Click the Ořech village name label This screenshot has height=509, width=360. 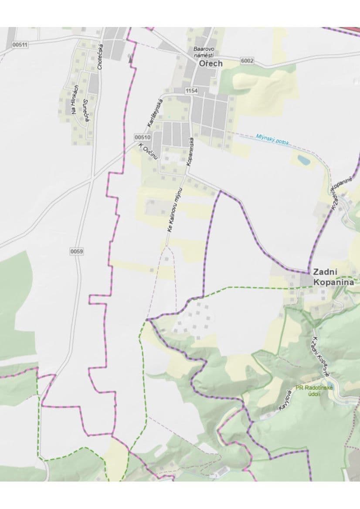(x=211, y=64)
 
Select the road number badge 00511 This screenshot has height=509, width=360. (x=20, y=45)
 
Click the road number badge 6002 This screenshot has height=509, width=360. (x=247, y=61)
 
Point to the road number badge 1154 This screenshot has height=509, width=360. (x=191, y=91)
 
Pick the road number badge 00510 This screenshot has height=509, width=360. (x=143, y=137)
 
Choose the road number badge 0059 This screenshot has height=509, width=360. (x=76, y=251)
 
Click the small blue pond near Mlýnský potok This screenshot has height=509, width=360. (x=304, y=160)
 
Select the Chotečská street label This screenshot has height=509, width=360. (x=100, y=57)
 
